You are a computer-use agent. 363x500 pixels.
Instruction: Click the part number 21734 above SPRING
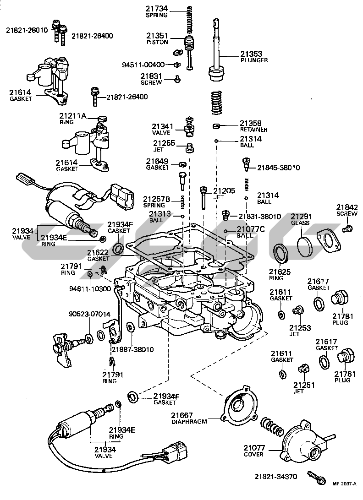(157, 8)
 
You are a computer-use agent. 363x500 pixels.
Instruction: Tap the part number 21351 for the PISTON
(157, 35)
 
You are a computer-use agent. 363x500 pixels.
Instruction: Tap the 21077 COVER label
(253, 451)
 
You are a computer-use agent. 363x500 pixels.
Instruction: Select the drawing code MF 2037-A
(345, 494)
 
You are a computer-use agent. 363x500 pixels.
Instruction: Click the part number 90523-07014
(90, 314)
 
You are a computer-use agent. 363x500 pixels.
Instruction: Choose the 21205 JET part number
(225, 190)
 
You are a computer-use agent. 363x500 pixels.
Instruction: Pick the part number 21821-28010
(27, 30)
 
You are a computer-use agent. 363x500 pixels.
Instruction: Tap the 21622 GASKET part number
(98, 252)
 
